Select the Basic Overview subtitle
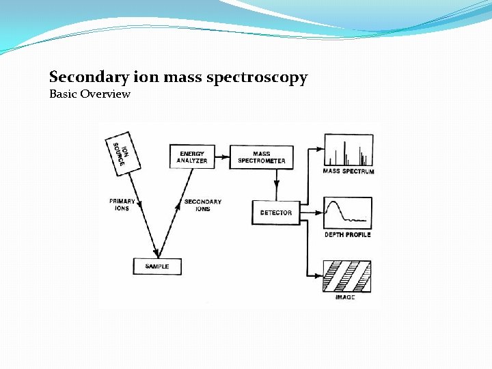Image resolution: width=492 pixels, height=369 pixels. point(90,94)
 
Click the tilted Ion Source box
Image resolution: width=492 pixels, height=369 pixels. point(124,151)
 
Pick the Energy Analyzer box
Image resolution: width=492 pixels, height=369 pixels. point(192,157)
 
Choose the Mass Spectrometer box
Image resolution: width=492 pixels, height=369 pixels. point(261,157)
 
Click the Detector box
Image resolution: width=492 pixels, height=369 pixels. point(275,213)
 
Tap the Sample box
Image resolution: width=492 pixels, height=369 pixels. point(157,266)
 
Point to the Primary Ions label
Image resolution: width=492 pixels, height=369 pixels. point(122,204)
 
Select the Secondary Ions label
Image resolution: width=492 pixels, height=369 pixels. point(202,204)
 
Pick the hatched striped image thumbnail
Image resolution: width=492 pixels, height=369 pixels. point(348,276)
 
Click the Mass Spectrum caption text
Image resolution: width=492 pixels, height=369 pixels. point(348,171)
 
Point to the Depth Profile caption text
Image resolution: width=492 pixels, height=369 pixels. point(348,234)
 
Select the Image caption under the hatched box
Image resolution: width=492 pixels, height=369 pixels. point(345,297)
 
